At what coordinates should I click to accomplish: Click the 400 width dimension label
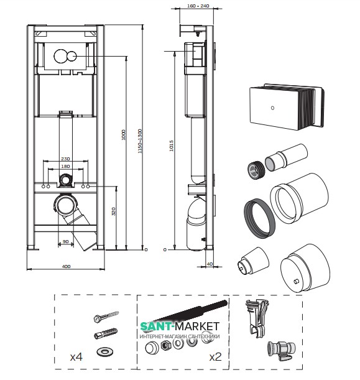click(66, 266)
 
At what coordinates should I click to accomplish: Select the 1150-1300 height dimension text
click(140, 141)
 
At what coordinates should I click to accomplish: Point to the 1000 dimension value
click(124, 135)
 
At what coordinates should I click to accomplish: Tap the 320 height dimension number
click(113, 211)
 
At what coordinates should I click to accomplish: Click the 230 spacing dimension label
click(65, 159)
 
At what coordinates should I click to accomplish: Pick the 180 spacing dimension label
click(65, 166)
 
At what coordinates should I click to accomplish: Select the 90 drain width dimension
click(66, 241)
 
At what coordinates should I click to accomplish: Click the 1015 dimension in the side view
click(172, 146)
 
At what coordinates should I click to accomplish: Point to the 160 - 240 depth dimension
click(198, 6)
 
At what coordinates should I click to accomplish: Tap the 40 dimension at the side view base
click(210, 264)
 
